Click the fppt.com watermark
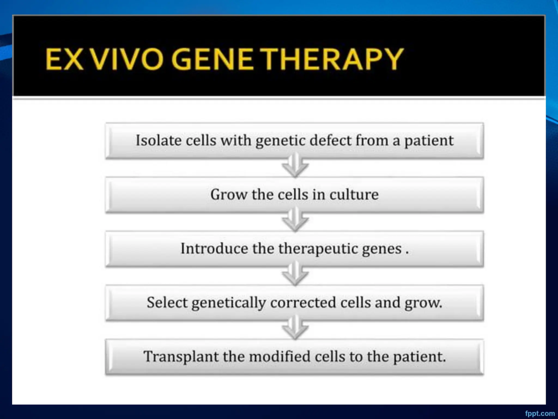540,413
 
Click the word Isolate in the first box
159,140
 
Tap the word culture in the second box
354,194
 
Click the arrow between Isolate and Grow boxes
295,166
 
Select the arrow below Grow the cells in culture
295,220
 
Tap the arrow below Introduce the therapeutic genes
295,274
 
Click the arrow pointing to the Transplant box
295,328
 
